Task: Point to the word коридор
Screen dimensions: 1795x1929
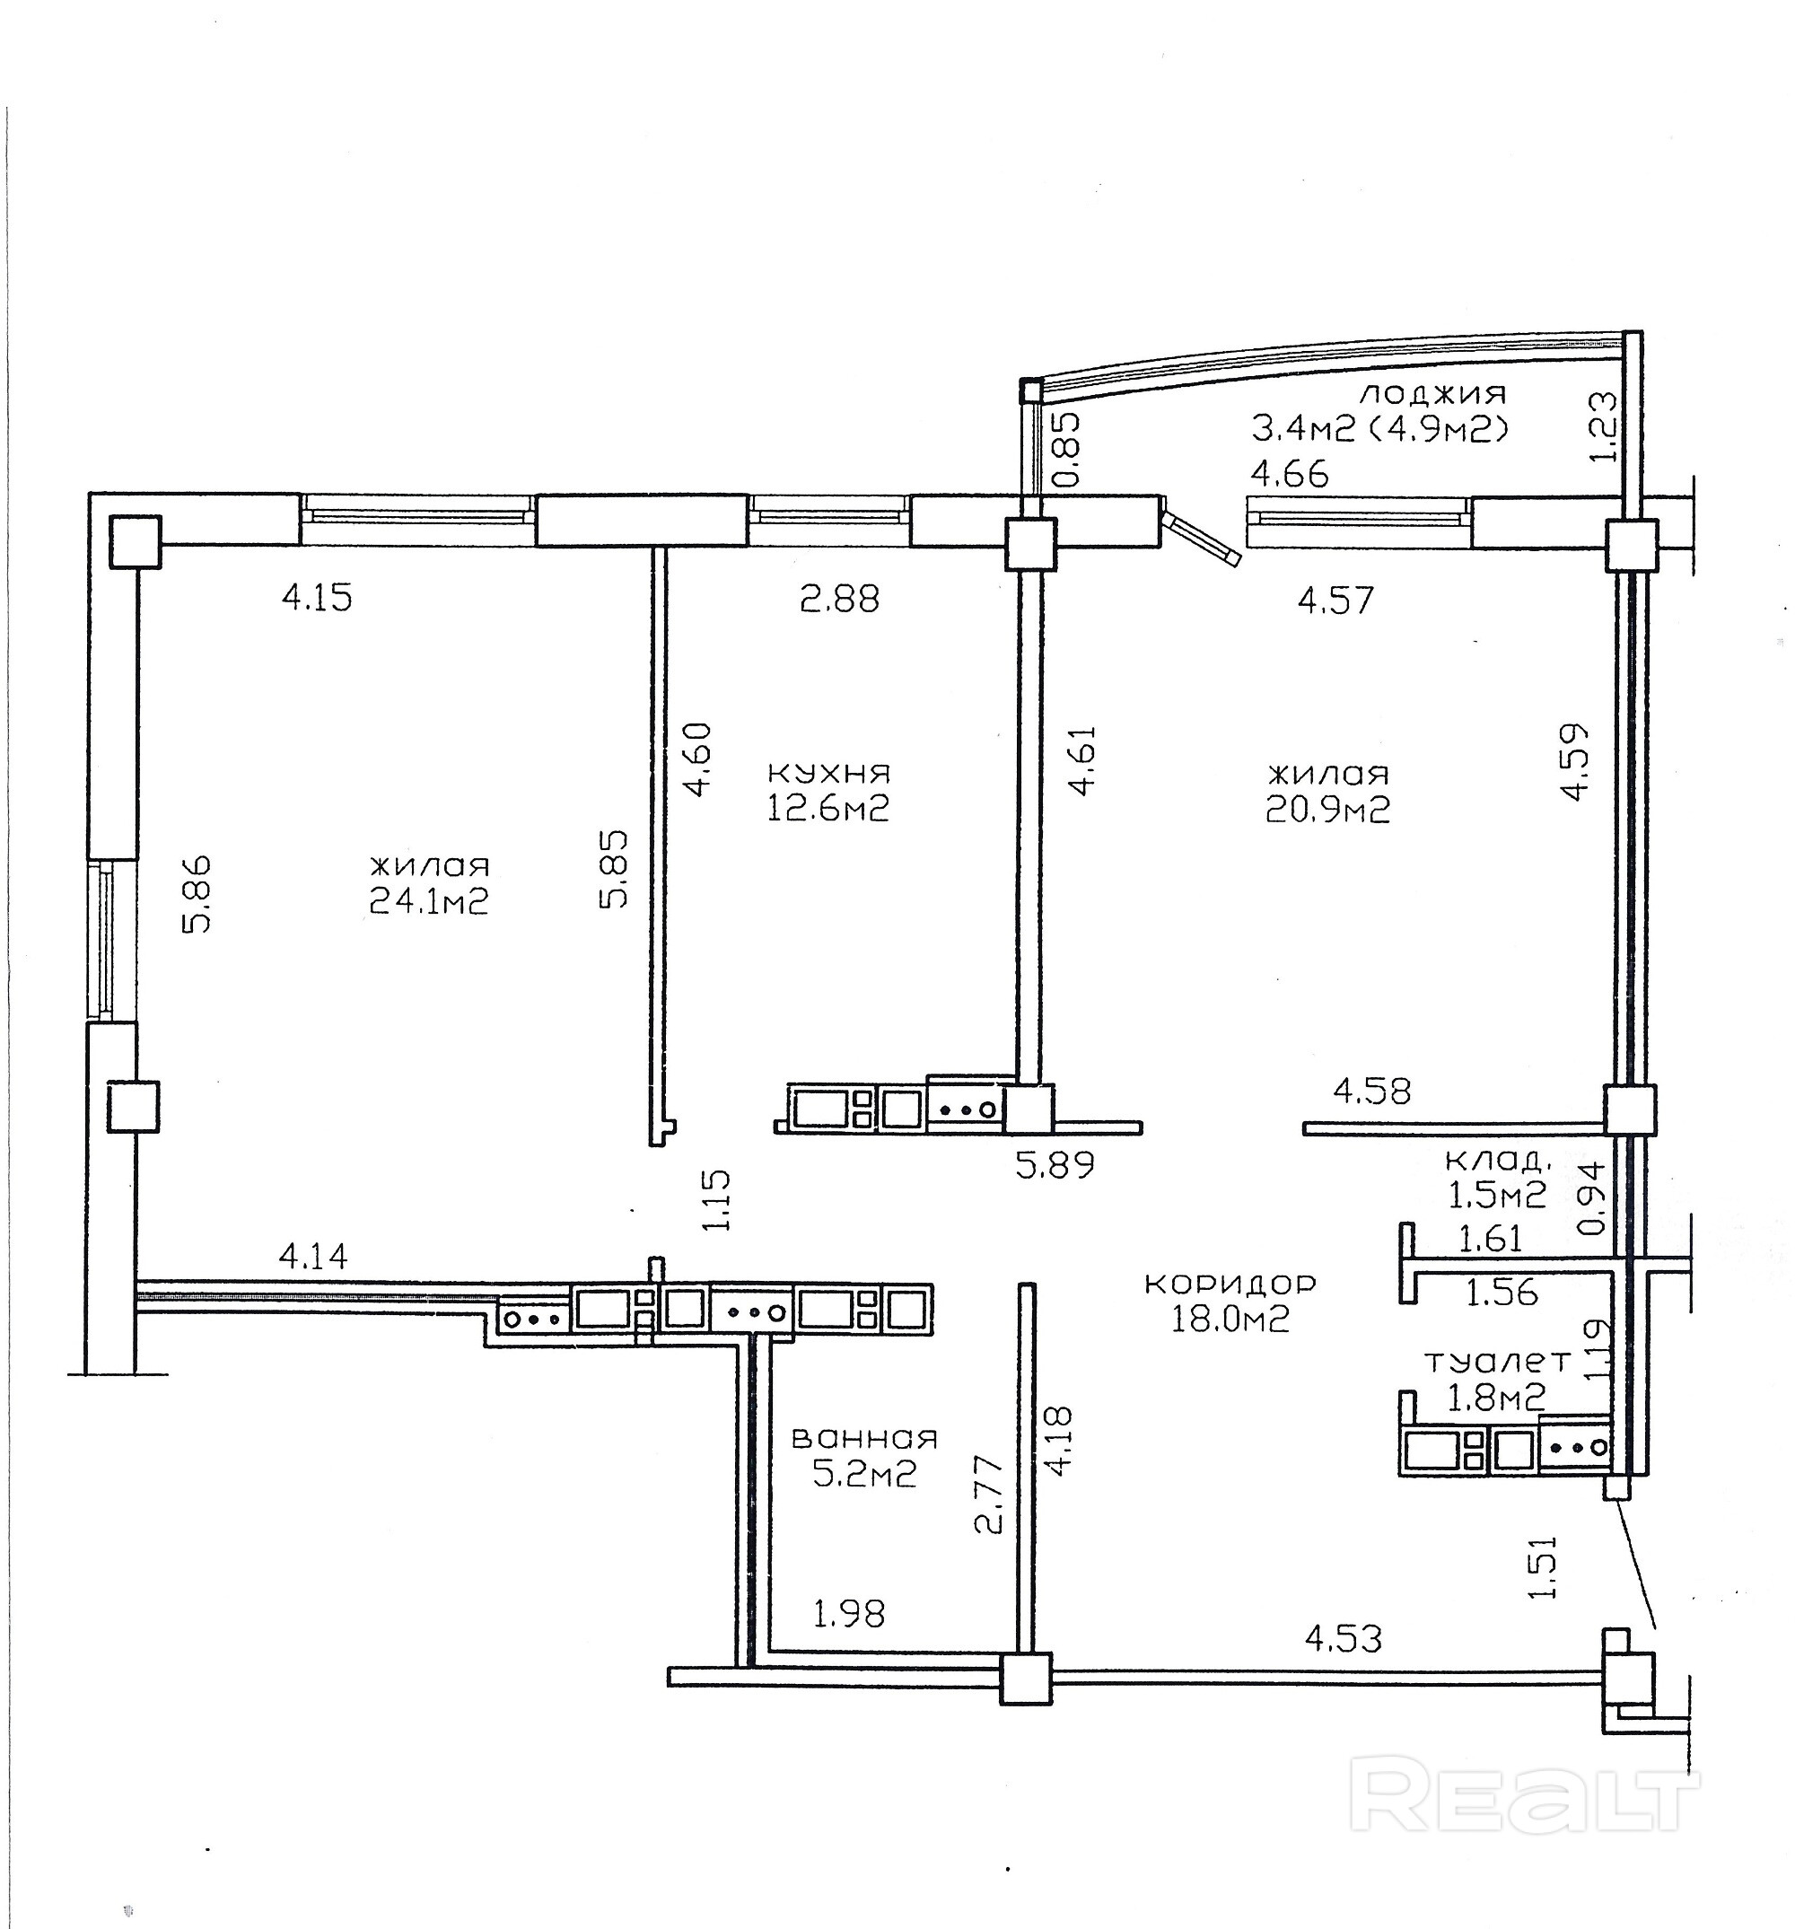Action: tap(1230, 1284)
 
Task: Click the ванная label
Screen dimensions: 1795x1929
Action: tap(864, 1438)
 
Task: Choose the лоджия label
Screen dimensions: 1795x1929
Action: tap(1433, 393)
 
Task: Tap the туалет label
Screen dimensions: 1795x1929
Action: tap(1496, 1362)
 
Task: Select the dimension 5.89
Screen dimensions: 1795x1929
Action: tap(1055, 1164)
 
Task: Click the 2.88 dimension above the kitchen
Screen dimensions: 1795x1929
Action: tap(839, 599)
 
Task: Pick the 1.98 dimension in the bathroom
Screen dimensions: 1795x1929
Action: tap(849, 1614)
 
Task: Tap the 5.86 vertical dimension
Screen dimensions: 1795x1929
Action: tap(196, 894)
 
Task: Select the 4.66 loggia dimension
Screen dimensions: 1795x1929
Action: tap(1290, 475)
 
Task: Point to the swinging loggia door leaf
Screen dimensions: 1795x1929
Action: tap(1204, 537)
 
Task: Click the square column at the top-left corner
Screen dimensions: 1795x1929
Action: tap(135, 541)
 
